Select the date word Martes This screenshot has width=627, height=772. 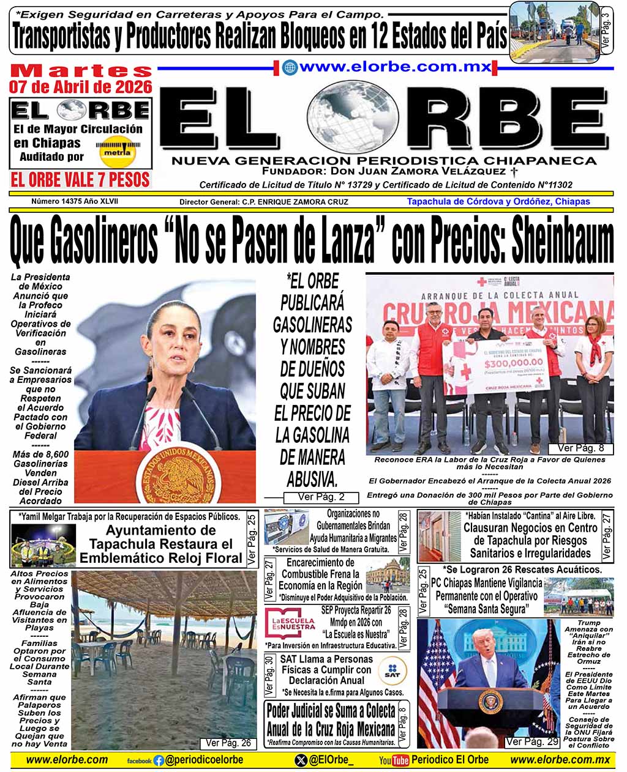tap(81, 70)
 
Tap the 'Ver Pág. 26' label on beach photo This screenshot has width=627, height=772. tap(228, 743)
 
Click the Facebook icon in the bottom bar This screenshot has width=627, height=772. tap(159, 760)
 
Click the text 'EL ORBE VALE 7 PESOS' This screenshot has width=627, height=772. tap(80, 179)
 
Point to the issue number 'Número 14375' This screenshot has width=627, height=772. tap(57, 201)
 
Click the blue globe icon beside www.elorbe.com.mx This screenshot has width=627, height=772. tap(290, 68)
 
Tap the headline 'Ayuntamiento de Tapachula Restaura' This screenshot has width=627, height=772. tap(160, 537)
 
